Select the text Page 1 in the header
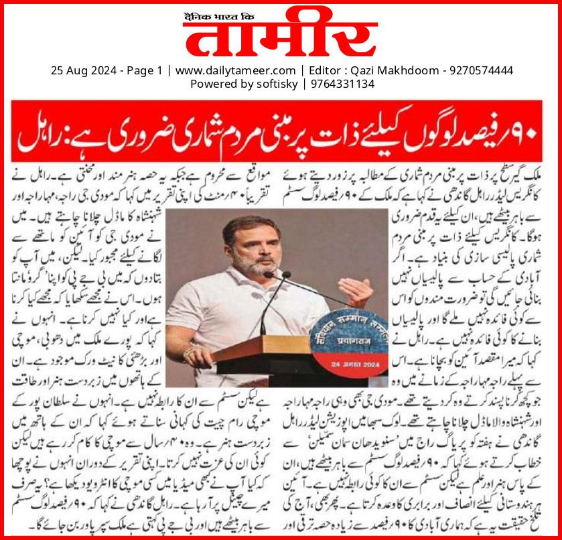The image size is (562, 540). tap(144, 70)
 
